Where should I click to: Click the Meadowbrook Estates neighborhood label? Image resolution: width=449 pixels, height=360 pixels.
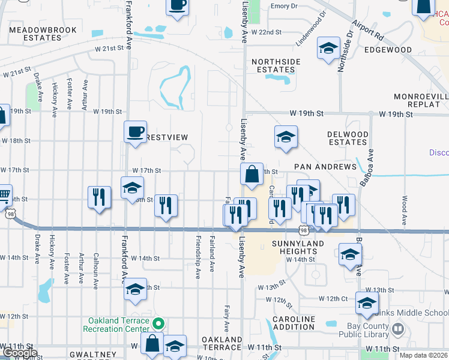point(43,34)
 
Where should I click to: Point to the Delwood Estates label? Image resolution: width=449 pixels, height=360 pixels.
point(348,138)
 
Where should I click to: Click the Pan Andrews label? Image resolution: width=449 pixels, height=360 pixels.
point(325,166)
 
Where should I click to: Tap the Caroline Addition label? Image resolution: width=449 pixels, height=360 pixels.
point(294,323)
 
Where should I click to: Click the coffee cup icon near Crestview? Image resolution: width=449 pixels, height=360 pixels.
point(135,131)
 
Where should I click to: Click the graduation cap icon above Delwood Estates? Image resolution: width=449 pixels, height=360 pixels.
point(286,137)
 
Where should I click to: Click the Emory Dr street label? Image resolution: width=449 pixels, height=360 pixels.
point(284,6)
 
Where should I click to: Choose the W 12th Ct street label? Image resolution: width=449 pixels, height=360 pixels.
point(333,298)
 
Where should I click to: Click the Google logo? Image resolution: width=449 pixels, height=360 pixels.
point(20,353)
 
